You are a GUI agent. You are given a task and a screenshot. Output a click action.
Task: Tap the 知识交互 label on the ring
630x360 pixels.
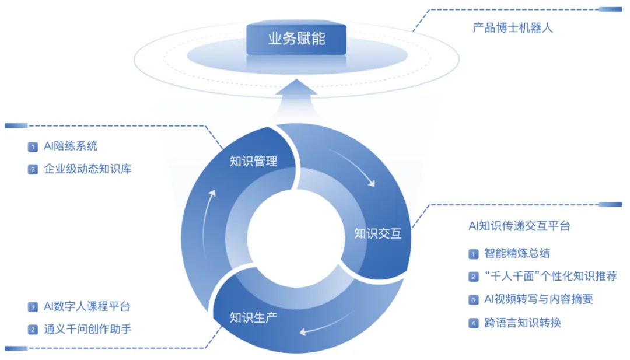(x=378, y=234)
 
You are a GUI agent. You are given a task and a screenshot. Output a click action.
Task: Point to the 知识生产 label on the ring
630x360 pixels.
(x=253, y=318)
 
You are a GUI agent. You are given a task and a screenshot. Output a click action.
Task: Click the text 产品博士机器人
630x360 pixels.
(x=513, y=27)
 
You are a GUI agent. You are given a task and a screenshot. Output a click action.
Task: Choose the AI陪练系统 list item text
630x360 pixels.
(x=71, y=146)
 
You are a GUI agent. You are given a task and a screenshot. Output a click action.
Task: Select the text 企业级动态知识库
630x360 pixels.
(x=87, y=169)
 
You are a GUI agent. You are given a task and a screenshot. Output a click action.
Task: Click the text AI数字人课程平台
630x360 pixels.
(x=87, y=306)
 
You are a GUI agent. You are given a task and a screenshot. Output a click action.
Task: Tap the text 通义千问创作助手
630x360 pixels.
(x=87, y=329)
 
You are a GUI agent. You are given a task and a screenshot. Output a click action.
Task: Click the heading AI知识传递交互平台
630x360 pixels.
(x=519, y=226)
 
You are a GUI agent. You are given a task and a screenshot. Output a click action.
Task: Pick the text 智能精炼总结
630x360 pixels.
(x=517, y=253)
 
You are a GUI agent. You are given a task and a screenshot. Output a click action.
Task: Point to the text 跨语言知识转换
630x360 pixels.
(x=523, y=323)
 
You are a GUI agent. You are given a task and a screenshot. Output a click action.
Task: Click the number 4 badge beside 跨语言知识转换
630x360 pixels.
(x=474, y=323)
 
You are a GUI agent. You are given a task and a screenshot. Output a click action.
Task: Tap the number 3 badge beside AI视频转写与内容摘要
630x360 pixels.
(x=474, y=300)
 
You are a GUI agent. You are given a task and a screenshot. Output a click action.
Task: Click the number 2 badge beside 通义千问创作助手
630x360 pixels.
(x=33, y=330)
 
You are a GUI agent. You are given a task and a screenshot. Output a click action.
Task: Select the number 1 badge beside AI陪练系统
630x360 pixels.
(x=33, y=146)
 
